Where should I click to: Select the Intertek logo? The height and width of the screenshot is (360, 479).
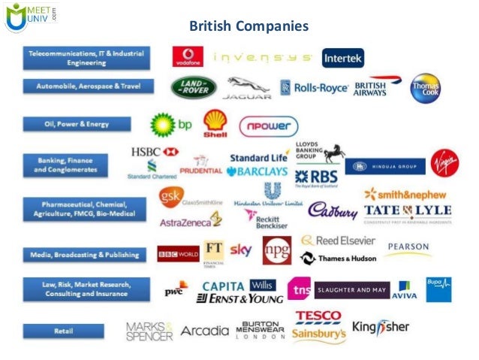(x=343, y=58)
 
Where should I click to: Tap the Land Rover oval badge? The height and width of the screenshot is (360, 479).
(x=193, y=87)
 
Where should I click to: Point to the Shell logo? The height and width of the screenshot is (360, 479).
(x=216, y=124)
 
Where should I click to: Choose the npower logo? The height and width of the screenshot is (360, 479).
(x=268, y=126)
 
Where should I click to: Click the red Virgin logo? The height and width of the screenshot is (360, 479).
(x=444, y=163)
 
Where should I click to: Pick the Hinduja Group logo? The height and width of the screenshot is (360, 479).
(x=385, y=166)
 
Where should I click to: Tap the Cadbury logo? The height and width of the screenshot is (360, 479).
(x=333, y=210)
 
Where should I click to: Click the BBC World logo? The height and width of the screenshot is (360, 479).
(x=178, y=253)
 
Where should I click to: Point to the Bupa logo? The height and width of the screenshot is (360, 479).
(x=438, y=289)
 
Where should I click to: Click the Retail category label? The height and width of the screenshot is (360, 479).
(x=63, y=329)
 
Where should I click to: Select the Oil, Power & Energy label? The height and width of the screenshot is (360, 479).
(x=76, y=123)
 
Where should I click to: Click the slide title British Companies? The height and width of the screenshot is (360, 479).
(x=249, y=27)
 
